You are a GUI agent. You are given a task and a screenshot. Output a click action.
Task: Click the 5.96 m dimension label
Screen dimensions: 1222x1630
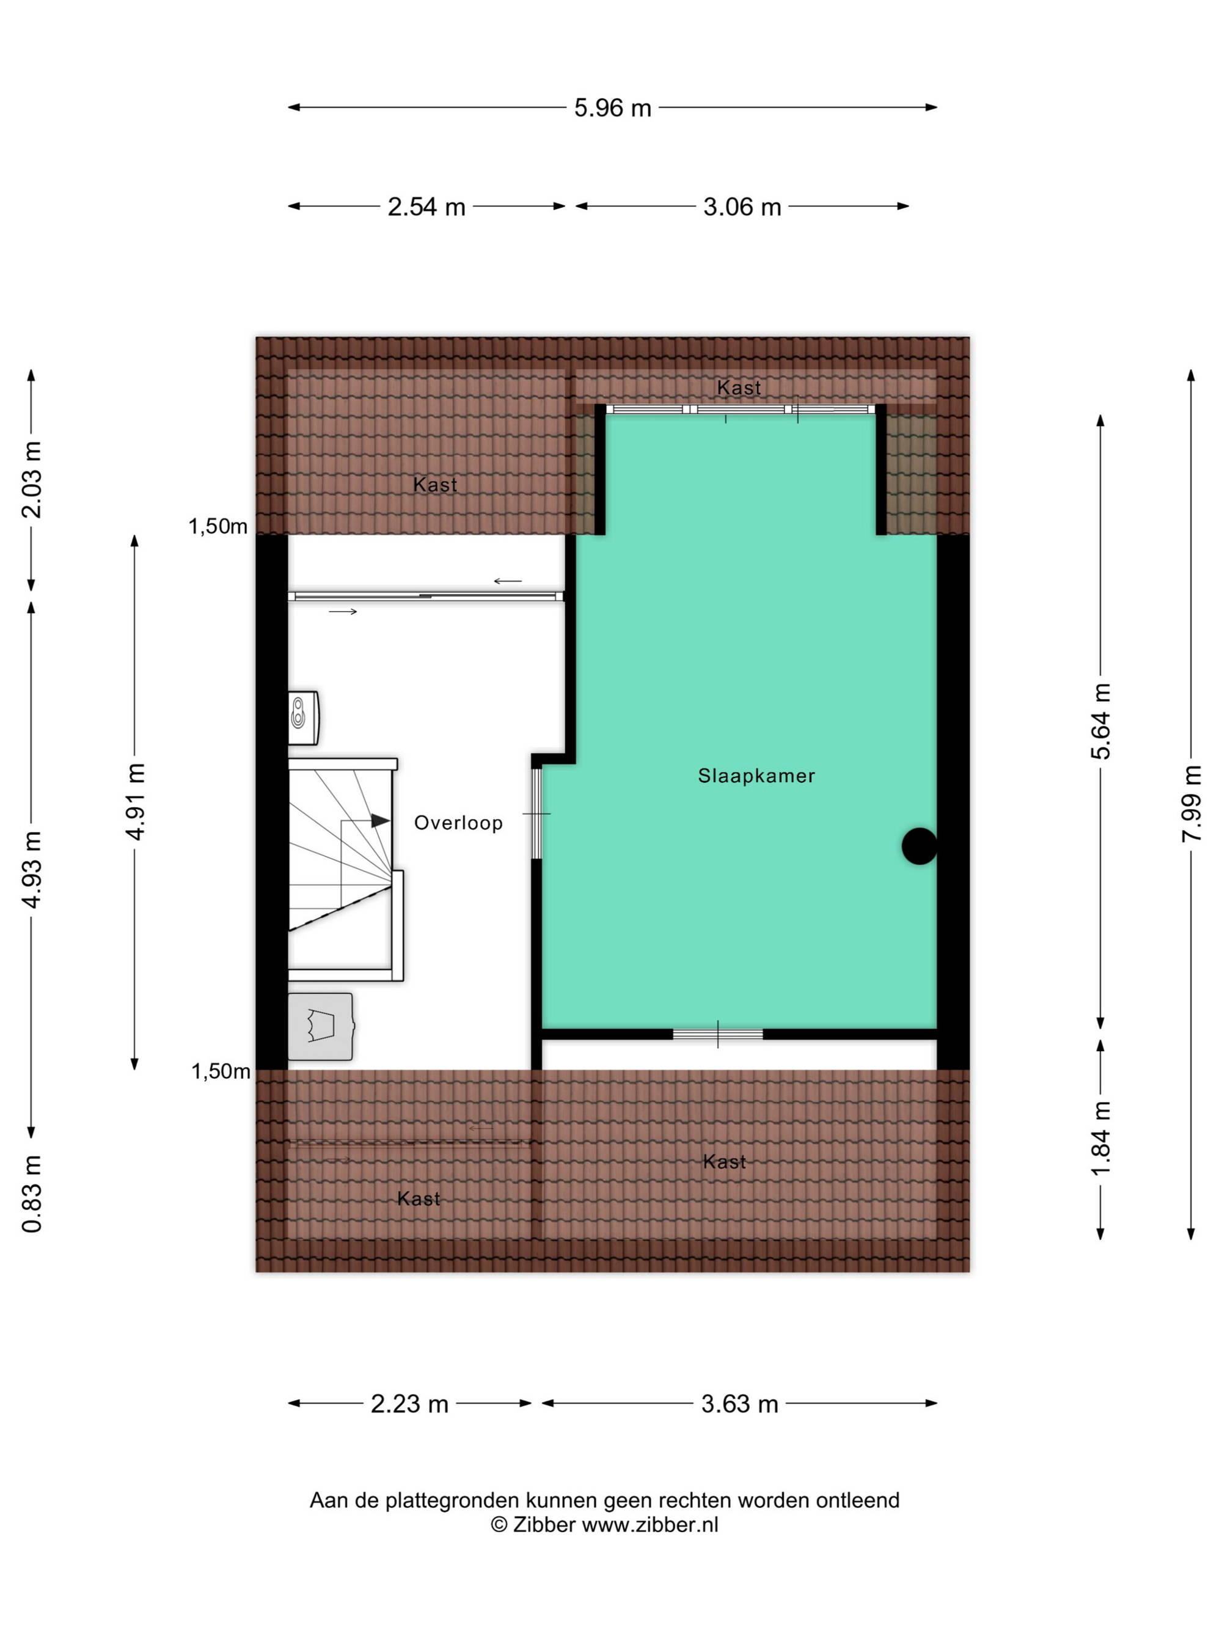click(x=612, y=108)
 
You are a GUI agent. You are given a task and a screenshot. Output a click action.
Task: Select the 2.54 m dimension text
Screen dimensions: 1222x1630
click(x=426, y=207)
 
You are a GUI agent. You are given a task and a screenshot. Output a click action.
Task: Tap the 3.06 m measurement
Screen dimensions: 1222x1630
click(x=742, y=207)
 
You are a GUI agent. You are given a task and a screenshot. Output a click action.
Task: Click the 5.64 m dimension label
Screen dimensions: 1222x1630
click(x=1100, y=721)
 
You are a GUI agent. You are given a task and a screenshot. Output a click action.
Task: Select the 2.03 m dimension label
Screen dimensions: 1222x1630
click(x=31, y=480)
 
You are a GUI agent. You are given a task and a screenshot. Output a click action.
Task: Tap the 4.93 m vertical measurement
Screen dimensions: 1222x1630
click(x=31, y=869)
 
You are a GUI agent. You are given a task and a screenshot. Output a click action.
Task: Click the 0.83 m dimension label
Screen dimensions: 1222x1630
click(x=31, y=1193)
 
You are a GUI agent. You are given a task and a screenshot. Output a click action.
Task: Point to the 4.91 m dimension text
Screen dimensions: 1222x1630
click(x=135, y=802)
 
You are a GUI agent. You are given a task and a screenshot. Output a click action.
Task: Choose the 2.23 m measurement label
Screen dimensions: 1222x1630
click(x=409, y=1404)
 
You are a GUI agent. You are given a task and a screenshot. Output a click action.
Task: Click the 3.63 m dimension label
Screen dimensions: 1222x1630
click(x=739, y=1404)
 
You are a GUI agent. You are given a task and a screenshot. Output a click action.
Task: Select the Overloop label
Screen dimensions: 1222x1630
click(x=458, y=823)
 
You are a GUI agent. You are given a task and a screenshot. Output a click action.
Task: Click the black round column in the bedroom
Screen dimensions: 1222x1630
click(x=920, y=846)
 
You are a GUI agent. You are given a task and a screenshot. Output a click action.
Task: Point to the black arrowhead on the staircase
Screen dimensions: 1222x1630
click(x=380, y=820)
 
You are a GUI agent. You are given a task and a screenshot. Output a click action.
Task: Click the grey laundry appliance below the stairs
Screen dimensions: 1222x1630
click(x=320, y=1027)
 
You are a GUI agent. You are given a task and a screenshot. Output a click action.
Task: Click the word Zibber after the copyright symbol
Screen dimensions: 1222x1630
click(x=544, y=1525)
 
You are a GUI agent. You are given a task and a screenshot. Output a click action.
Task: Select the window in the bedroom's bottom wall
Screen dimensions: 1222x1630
click(x=717, y=1035)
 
